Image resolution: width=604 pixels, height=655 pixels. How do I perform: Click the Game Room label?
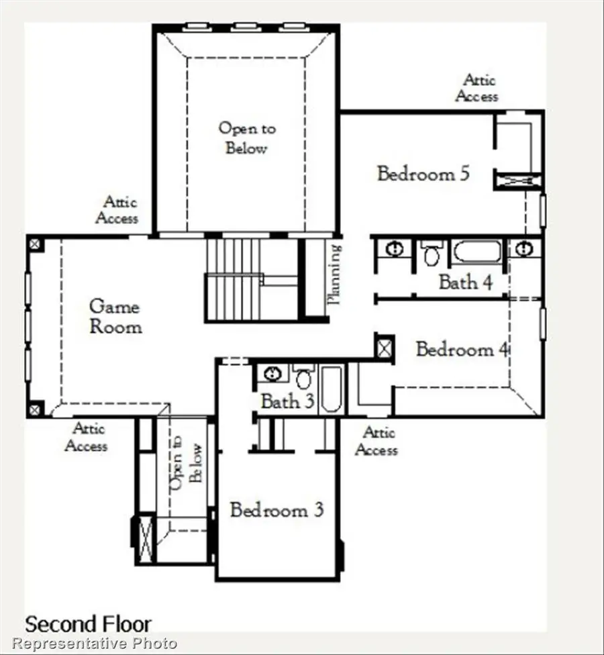(x=115, y=317)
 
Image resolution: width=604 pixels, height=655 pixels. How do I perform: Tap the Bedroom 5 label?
(x=423, y=174)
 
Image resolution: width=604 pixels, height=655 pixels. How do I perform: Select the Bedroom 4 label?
(x=463, y=349)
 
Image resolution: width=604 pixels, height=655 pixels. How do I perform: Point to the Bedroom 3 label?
(x=276, y=510)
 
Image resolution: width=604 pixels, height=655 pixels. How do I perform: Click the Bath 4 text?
(x=465, y=282)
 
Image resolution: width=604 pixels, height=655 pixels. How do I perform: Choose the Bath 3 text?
(x=287, y=402)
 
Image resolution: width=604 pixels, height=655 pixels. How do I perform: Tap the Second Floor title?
(x=88, y=624)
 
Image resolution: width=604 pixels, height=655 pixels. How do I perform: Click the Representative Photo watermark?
(x=95, y=644)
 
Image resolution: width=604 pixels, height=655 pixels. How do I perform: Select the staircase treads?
(x=233, y=279)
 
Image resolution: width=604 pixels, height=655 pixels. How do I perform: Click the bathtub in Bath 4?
(x=476, y=252)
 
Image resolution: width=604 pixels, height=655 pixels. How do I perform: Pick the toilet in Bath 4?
(x=432, y=254)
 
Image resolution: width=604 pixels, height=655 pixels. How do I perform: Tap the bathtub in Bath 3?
(x=332, y=389)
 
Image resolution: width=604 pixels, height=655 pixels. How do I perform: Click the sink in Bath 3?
(x=272, y=373)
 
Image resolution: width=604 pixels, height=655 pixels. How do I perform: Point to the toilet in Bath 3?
(x=303, y=377)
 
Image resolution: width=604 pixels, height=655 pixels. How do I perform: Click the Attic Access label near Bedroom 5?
(x=476, y=88)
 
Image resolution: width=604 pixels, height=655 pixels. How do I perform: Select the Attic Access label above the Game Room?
(x=117, y=210)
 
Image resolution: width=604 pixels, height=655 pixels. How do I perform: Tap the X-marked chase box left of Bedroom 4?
(x=384, y=348)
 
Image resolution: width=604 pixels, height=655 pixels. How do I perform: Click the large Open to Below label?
(x=246, y=138)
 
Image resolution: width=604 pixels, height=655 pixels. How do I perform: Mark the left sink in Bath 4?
(x=395, y=249)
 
